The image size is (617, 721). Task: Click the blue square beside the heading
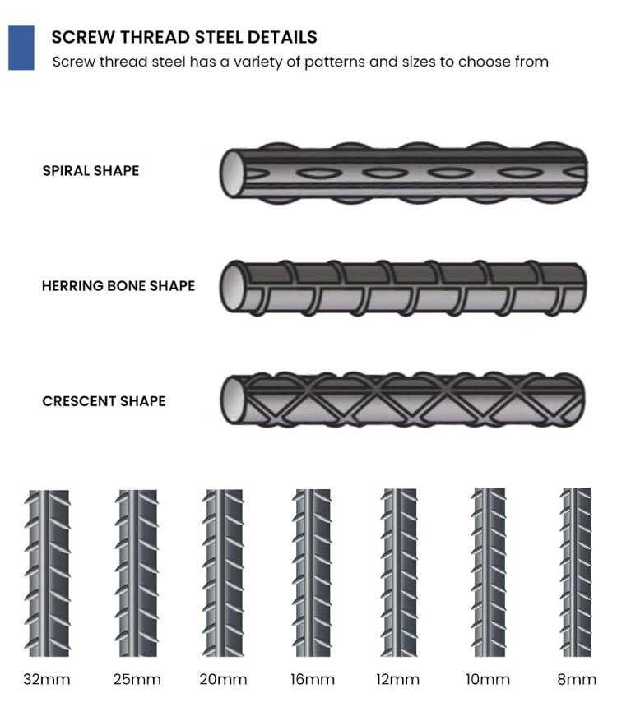pos(21,48)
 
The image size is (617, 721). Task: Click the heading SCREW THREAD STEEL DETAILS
pos(183,37)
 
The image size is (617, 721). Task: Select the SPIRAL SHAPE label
pos(90,171)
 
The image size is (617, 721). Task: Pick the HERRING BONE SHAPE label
pos(118,286)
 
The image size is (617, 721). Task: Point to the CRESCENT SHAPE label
pos(104,401)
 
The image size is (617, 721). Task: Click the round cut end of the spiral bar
pos(234,173)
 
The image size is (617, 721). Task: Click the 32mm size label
pos(47,679)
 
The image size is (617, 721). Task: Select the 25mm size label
pos(137,679)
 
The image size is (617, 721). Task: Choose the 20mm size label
pos(223,679)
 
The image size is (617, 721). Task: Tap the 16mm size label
pos(313,679)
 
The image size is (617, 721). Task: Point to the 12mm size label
pos(399,679)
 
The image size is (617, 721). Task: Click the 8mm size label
pos(575,679)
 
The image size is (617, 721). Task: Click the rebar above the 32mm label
pos(48,572)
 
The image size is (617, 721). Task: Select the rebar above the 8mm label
pos(575,572)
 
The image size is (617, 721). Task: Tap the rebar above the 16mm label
pos(313,572)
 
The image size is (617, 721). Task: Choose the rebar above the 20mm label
pos(223,572)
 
